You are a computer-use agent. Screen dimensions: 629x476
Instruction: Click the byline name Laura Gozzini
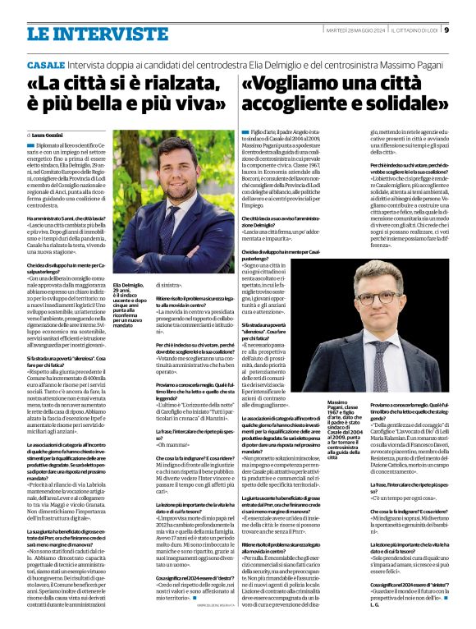(50, 134)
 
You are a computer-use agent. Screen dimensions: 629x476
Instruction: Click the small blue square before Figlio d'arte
(245, 131)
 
